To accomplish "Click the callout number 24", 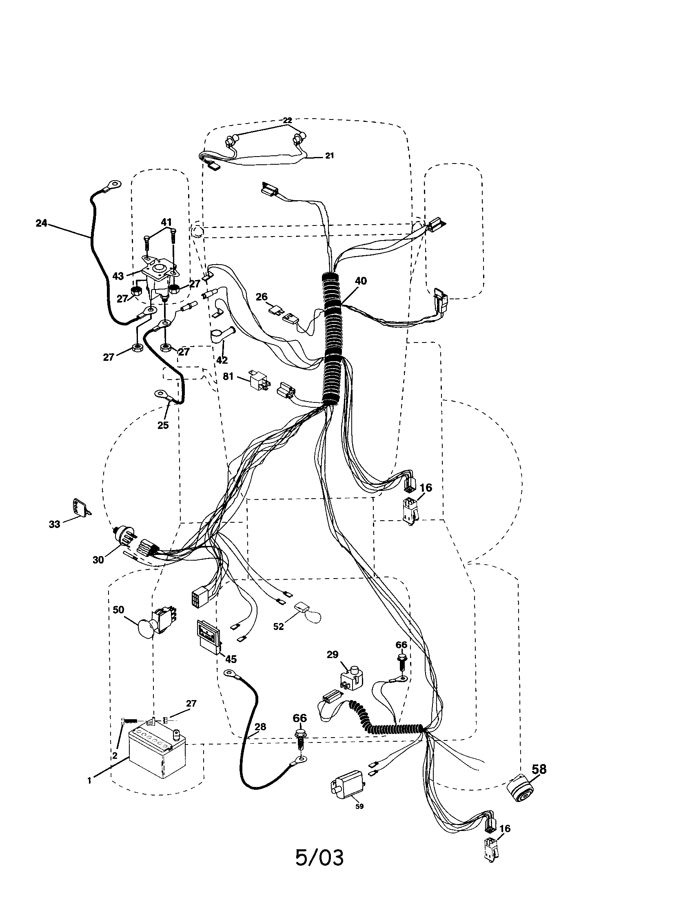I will click(42, 224).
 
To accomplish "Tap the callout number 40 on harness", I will click(360, 281).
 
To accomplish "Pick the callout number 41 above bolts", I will click(166, 222).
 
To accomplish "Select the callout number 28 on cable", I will click(260, 727).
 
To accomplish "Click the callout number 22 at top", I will click(287, 120).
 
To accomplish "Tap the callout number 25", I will click(163, 425).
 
